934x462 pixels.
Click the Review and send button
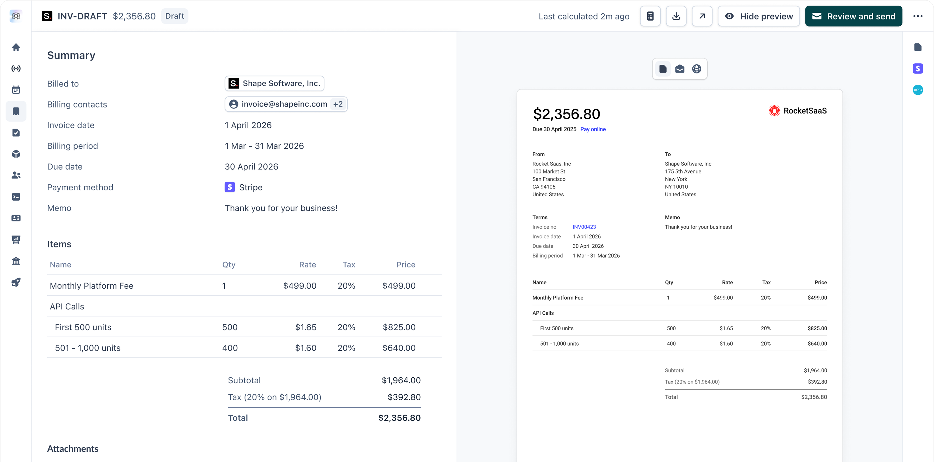point(853,16)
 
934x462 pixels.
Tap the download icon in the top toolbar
point(676,16)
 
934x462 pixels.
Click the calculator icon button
point(650,16)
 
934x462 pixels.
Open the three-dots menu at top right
point(918,16)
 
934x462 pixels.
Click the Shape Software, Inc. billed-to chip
point(274,84)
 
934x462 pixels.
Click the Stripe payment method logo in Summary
point(230,187)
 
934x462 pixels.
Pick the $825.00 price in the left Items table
point(399,327)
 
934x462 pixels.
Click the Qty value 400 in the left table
point(230,348)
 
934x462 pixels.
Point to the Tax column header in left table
point(349,265)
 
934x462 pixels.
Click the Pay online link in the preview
point(593,129)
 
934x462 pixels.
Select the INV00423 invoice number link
point(584,227)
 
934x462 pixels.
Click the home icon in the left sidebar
point(16,47)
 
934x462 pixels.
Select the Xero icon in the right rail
point(918,90)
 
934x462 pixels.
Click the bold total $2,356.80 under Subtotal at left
point(399,418)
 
